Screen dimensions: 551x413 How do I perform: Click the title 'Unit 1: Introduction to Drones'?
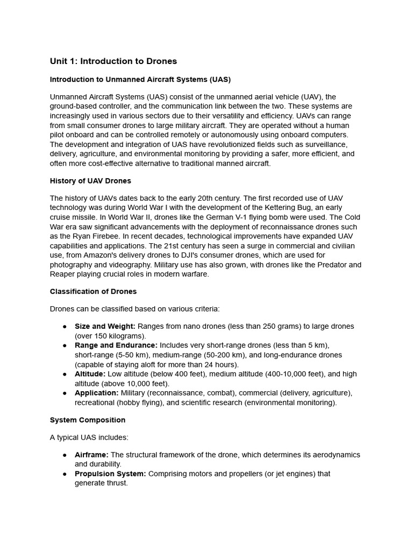pyautogui.click(x=113, y=61)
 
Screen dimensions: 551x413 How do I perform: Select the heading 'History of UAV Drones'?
pyautogui.click(x=90, y=181)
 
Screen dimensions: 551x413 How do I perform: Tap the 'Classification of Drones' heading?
pyautogui.click(x=93, y=292)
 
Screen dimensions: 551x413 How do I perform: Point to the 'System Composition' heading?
pyautogui.click(x=88, y=420)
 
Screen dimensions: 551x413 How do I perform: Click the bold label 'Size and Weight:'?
pyautogui.click(x=105, y=327)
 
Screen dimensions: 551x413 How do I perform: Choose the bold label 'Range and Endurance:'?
pyautogui.click(x=116, y=345)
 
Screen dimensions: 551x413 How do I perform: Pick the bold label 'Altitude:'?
pyautogui.click(x=90, y=374)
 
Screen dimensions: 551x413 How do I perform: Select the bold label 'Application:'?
pyautogui.click(x=97, y=393)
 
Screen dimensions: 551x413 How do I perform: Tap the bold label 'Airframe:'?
pyautogui.click(x=91, y=455)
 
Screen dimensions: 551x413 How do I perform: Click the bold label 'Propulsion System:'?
pyautogui.click(x=110, y=474)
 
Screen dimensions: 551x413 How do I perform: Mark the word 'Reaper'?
pyautogui.click(x=62, y=274)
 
